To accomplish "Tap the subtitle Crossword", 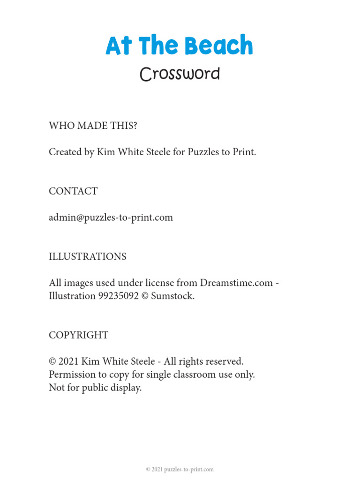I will pyautogui.click(x=180, y=74).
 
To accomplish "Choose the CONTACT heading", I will pyautogui.click(x=73, y=191).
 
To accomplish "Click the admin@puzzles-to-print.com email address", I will pyautogui.click(x=111, y=217).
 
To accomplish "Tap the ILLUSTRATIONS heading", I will pyautogui.click(x=88, y=257).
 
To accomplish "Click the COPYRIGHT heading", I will pyautogui.click(x=78, y=335).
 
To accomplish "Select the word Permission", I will pyautogui.click(x=73, y=375).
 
